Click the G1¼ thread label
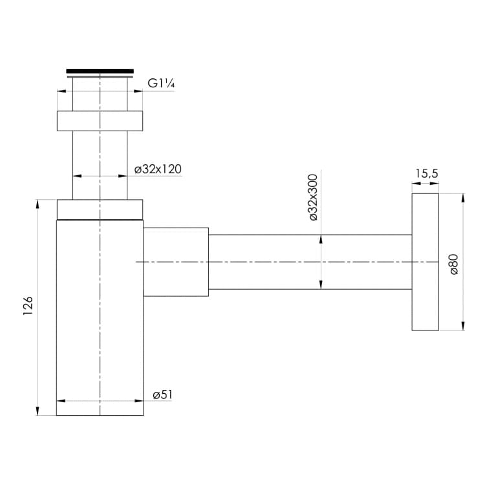(x=161, y=83)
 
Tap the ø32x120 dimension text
(x=158, y=169)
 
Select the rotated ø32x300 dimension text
(x=314, y=197)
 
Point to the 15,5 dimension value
(x=427, y=173)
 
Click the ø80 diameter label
(x=454, y=264)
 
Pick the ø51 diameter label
(x=162, y=395)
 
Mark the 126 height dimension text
(x=28, y=306)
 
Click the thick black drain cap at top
(x=100, y=71)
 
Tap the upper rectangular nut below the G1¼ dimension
(x=100, y=121)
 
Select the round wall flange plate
(x=426, y=262)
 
